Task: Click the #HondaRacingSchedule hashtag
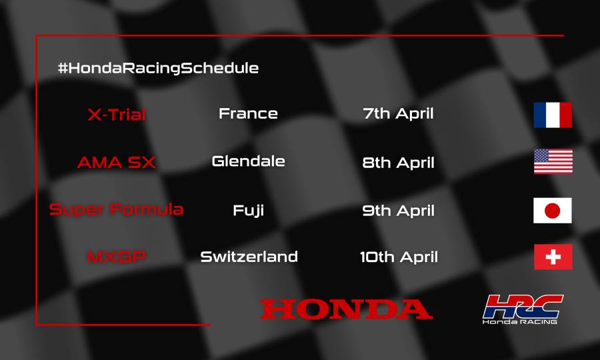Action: pyautogui.click(x=158, y=68)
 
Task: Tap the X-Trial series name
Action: pyautogui.click(x=117, y=115)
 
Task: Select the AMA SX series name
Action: pyautogui.click(x=117, y=163)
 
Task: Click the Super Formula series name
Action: pyautogui.click(x=117, y=210)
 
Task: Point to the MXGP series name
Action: pyautogui.click(x=117, y=257)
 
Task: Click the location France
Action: pyautogui.click(x=248, y=113)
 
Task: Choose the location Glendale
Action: pyautogui.click(x=248, y=161)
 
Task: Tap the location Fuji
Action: pyautogui.click(x=248, y=211)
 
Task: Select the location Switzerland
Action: pyautogui.click(x=249, y=257)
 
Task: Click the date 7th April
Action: pyautogui.click(x=398, y=113)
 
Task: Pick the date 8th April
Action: pyautogui.click(x=398, y=162)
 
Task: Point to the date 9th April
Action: pyautogui.click(x=398, y=211)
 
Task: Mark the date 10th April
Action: pyautogui.click(x=398, y=257)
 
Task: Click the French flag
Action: pyautogui.click(x=553, y=115)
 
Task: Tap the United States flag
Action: pyautogui.click(x=553, y=162)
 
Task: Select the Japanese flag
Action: pyautogui.click(x=553, y=211)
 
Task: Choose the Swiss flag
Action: pyautogui.click(x=553, y=257)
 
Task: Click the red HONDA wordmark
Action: pyautogui.click(x=346, y=309)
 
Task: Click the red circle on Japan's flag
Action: pyautogui.click(x=553, y=211)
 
